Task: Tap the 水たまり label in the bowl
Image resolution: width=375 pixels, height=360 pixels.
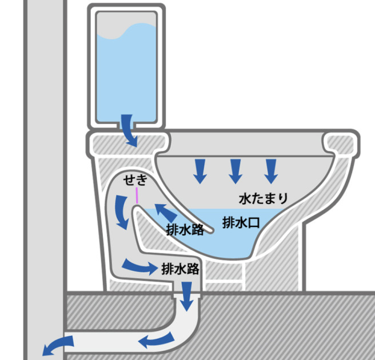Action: [263, 198]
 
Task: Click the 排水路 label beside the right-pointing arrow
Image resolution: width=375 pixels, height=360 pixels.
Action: [180, 268]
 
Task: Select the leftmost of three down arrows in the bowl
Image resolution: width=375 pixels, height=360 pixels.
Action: [200, 170]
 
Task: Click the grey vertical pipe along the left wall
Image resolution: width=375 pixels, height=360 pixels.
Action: [43, 171]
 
